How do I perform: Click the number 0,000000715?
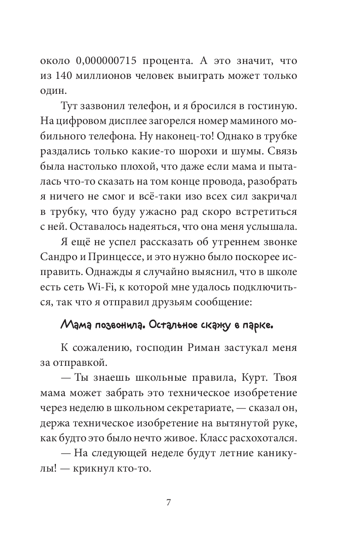point(106,61)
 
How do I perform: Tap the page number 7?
point(168,502)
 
